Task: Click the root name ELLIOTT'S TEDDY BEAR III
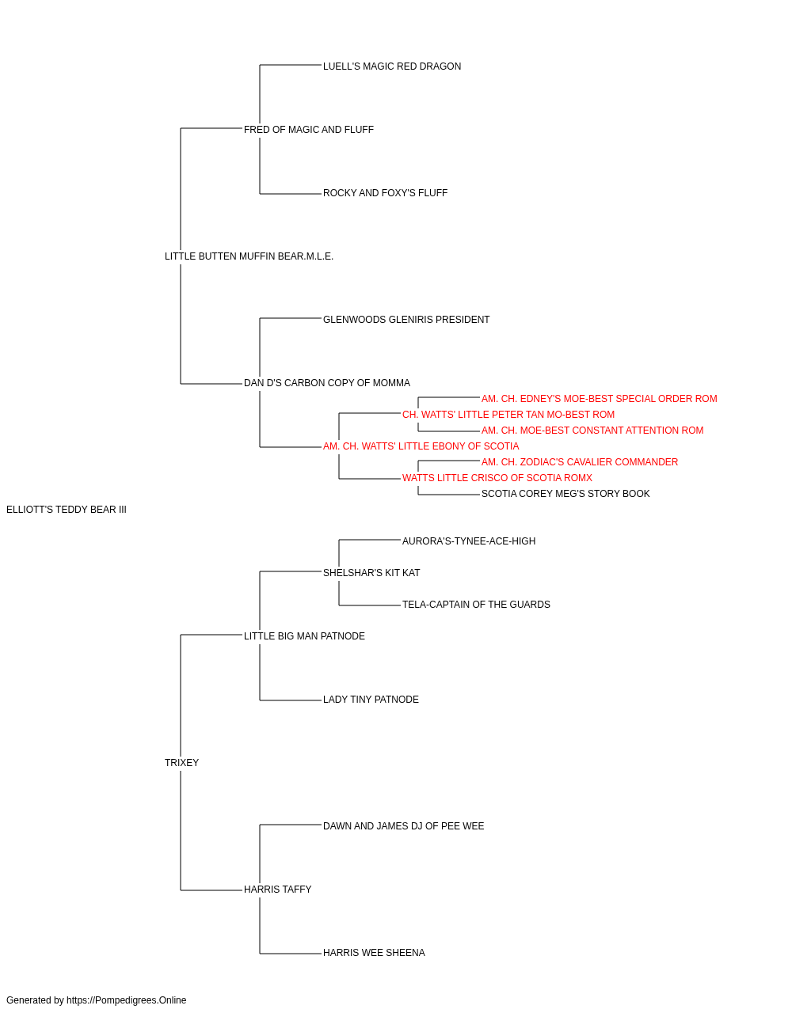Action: (x=67, y=510)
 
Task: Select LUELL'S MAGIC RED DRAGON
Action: (x=392, y=66)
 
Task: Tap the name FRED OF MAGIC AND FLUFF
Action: (x=309, y=130)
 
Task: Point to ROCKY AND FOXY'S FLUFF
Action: (x=385, y=193)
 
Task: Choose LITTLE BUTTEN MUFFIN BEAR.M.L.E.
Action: (x=249, y=256)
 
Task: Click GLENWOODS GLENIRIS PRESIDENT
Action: (x=406, y=320)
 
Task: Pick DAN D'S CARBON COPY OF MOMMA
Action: (x=327, y=383)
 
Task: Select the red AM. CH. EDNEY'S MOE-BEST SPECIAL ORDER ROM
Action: (x=600, y=399)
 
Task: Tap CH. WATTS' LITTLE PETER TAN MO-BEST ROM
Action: (x=508, y=415)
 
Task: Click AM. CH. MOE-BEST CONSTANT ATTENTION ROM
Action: (x=592, y=431)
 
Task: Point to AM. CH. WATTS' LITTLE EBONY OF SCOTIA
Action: (x=421, y=446)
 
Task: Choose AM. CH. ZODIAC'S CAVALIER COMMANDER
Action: (x=580, y=462)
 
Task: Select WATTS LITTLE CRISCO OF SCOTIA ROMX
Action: (x=497, y=478)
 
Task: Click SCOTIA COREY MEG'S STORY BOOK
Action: (x=565, y=494)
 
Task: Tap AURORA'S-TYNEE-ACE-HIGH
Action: (x=469, y=541)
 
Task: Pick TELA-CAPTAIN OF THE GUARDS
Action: (x=476, y=605)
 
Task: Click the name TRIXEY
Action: (x=182, y=763)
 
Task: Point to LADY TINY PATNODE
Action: (x=371, y=700)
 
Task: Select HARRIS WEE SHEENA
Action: (x=374, y=953)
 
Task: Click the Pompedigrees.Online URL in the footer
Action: (x=127, y=1000)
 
